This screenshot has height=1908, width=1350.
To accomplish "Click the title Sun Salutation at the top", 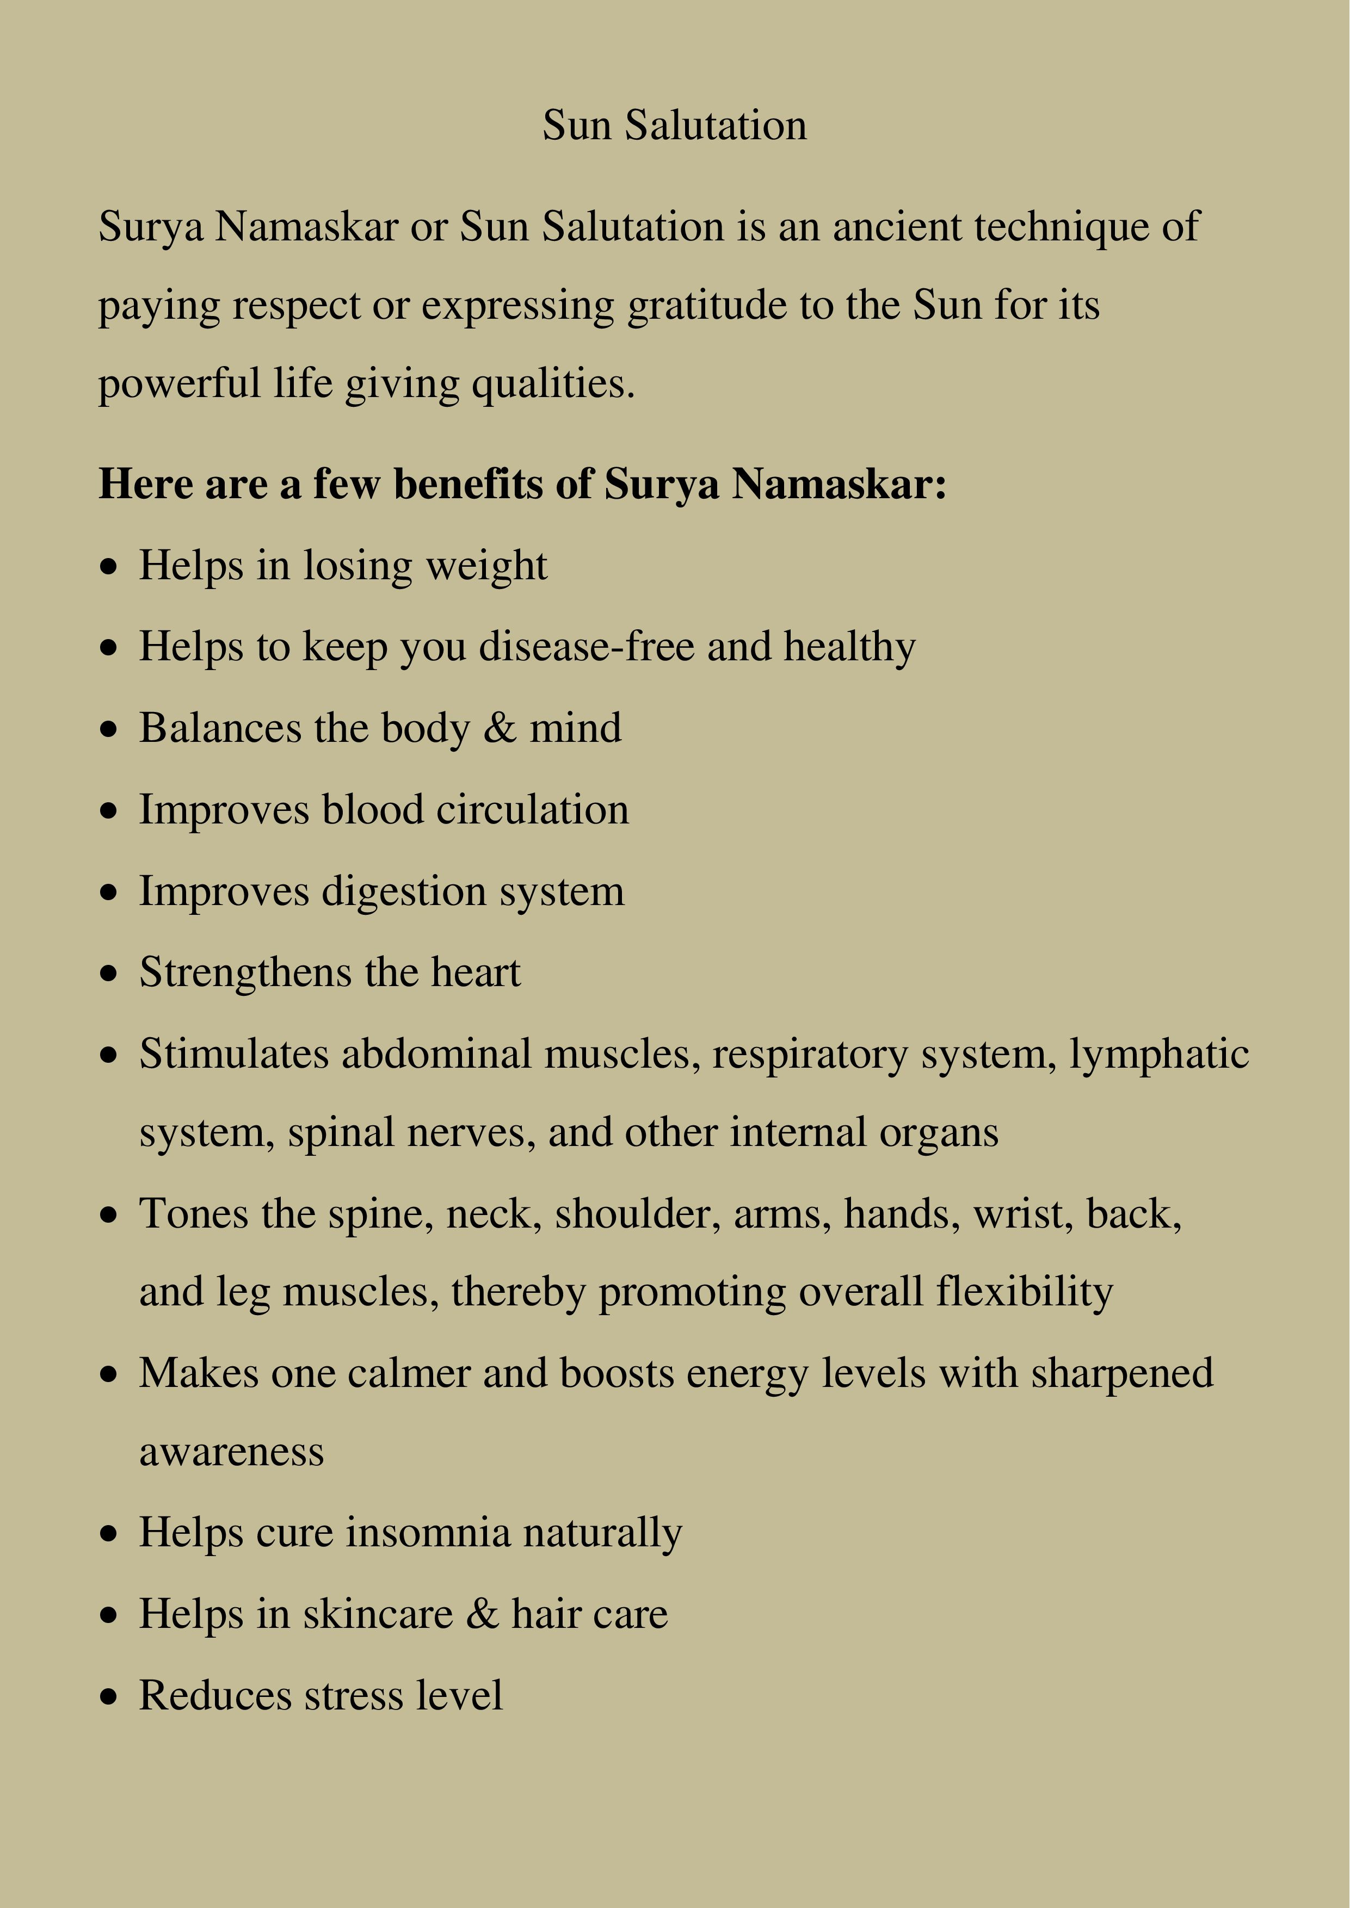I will tap(674, 126).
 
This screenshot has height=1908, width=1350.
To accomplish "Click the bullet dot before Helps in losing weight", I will tap(109, 568).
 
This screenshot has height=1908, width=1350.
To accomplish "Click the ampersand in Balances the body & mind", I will tap(500, 728).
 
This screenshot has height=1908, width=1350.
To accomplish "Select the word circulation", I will tap(532, 809).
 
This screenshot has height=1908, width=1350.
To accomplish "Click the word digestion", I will tap(404, 891).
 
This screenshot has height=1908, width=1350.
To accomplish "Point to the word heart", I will tap(476, 972).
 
